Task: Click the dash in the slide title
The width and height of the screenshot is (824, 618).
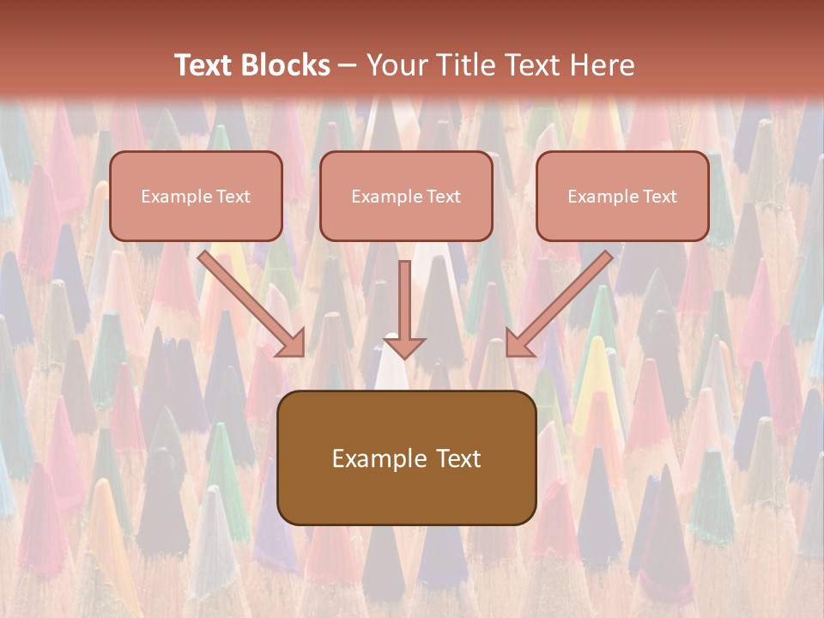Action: pyautogui.click(x=348, y=66)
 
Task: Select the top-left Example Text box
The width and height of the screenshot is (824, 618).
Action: pyautogui.click(x=196, y=196)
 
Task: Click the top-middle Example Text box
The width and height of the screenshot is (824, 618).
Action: pyautogui.click(x=406, y=196)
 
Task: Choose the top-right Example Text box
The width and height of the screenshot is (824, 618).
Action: pyautogui.click(x=622, y=196)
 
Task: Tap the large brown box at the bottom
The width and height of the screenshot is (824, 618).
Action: pyautogui.click(x=406, y=457)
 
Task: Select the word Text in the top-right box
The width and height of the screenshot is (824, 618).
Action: pyautogui.click(x=659, y=197)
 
